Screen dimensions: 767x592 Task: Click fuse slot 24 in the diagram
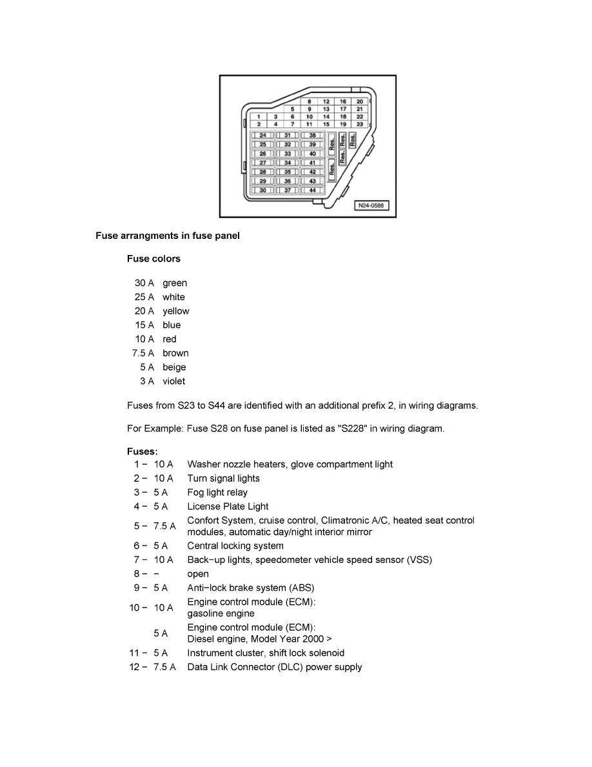tap(262, 136)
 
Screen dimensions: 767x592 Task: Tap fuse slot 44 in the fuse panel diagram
tap(312, 190)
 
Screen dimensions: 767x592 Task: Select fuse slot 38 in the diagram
tap(312, 136)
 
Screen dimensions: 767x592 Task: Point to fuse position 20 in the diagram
tap(360, 101)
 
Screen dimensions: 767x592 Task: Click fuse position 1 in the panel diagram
tap(259, 116)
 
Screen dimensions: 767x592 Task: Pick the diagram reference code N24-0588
tap(371, 207)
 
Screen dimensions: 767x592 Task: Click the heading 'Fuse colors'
tap(153, 259)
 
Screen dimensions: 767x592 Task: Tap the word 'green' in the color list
tap(175, 283)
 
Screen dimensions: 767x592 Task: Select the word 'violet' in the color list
tap(173, 381)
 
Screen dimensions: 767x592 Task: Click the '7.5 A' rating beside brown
tap(143, 353)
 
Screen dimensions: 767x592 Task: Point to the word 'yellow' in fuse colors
tap(176, 311)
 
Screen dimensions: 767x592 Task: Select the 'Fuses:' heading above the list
tap(143, 452)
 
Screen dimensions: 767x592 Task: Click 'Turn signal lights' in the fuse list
tap(223, 478)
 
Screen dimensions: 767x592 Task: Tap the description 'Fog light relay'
tap(217, 493)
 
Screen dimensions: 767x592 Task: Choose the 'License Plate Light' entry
tap(228, 507)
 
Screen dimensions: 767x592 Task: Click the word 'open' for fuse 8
tap(198, 574)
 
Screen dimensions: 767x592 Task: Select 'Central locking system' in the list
tap(235, 546)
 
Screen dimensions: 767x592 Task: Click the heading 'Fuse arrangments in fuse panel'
tap(168, 236)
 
